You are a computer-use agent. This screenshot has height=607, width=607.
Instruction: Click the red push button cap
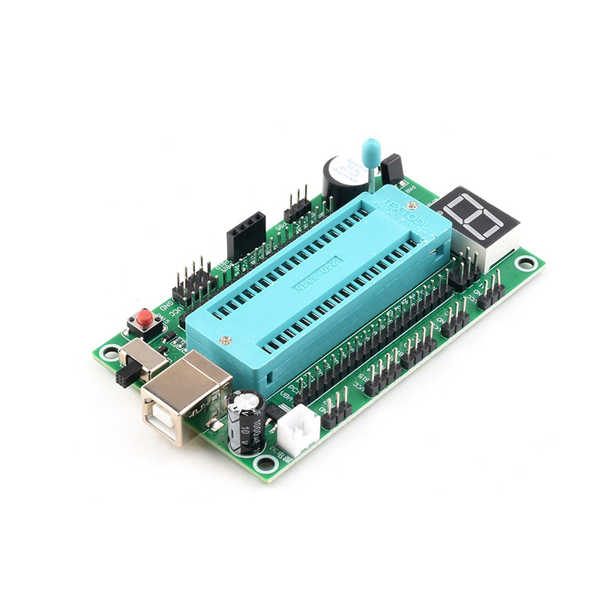point(142,316)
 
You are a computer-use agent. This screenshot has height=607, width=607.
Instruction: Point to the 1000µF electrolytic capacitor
point(247,421)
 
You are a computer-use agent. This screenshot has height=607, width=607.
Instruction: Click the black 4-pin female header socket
point(245,231)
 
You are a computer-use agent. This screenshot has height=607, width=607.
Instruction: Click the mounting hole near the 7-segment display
point(523,263)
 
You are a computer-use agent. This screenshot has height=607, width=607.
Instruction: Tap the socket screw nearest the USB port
point(223,341)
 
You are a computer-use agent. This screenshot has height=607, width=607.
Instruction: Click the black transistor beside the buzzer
point(392,168)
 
